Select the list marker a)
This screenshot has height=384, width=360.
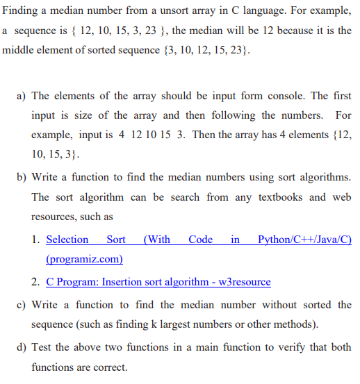click(21, 96)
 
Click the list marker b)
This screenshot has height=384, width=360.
click(21, 178)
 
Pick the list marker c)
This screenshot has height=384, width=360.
click(21, 305)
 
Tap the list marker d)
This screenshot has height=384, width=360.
click(21, 347)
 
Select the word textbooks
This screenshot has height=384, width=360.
click(283, 197)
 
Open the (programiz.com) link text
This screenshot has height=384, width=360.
click(84, 259)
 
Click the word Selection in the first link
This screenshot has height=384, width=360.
click(67, 240)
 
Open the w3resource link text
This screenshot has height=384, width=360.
click(240, 282)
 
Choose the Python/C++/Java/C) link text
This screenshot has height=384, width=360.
click(304, 240)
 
